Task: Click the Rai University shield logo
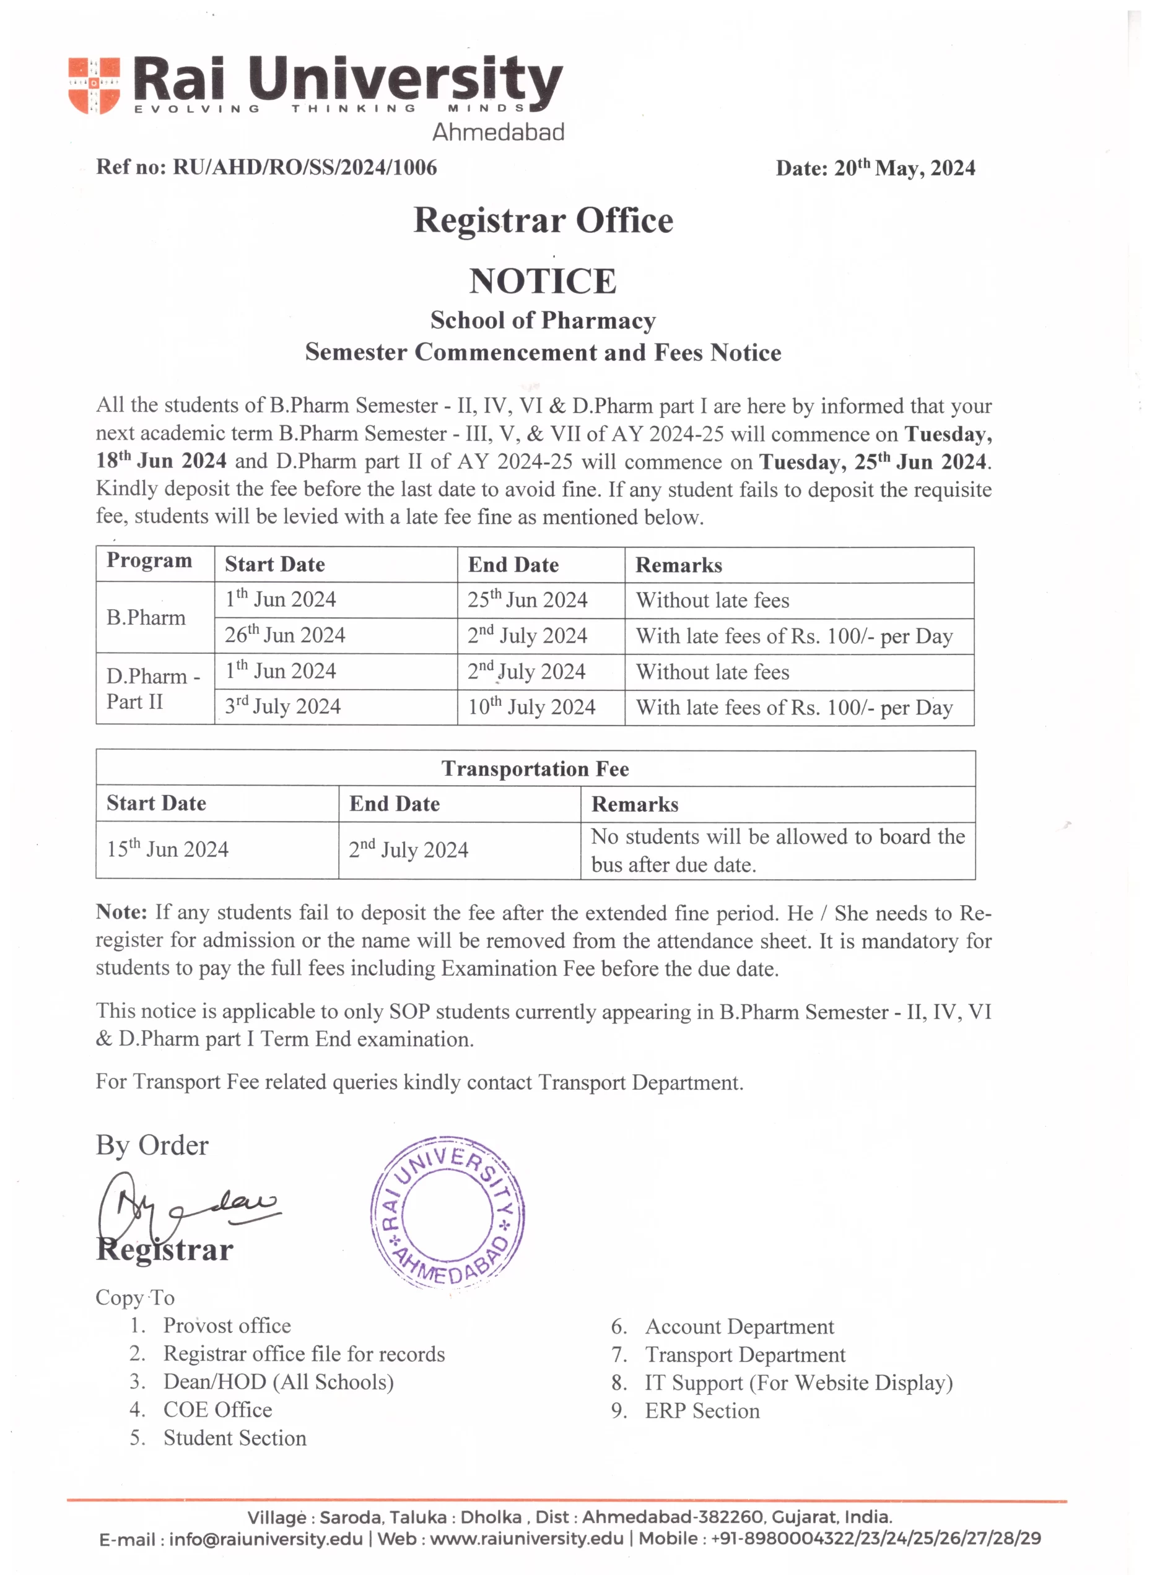(94, 85)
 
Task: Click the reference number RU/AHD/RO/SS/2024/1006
(305, 168)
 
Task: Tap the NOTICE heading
(543, 282)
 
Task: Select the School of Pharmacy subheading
(543, 321)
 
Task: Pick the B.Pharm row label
(146, 618)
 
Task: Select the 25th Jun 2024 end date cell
(527, 599)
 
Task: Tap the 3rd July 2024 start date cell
(282, 706)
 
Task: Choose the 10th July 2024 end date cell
(531, 707)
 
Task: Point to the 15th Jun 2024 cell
(168, 849)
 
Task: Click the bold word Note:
(121, 913)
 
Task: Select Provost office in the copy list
(227, 1326)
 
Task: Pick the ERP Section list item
(702, 1410)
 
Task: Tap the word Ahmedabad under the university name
(498, 132)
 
